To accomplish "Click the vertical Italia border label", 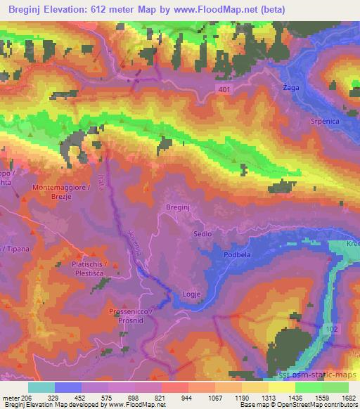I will (x=106, y=164).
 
